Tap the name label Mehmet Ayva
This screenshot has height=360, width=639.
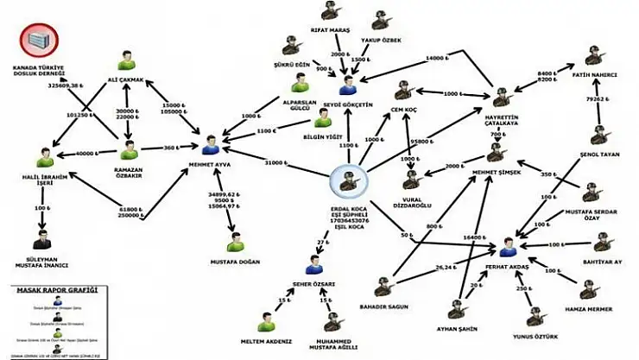tap(211, 161)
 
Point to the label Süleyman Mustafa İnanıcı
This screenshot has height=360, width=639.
tap(40, 260)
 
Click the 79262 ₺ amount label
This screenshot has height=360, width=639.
tap(594, 99)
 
